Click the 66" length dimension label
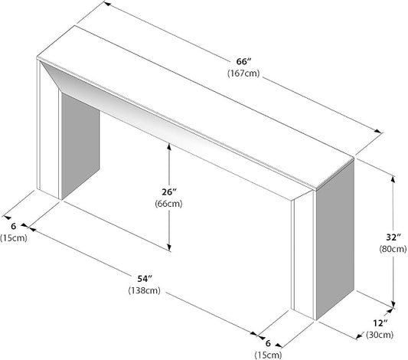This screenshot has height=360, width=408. coord(244,62)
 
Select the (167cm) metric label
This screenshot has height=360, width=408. coord(243,74)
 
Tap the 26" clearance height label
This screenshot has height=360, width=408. coord(169,192)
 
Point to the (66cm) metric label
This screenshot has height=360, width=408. coord(168,204)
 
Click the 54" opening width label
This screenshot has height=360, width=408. coord(145,279)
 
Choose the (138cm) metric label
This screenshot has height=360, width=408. coord(145,290)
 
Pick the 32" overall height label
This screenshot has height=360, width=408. coord(393,237)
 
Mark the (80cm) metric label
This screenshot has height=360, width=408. coord(393,249)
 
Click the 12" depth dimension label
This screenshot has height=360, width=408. coord(380,323)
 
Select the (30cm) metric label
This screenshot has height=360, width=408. coord(380,335)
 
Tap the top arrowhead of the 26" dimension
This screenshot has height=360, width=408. coord(169,146)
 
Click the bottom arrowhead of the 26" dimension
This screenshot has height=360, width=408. coord(169,247)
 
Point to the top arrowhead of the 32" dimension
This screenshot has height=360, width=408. coord(393,179)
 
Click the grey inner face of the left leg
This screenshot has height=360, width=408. coord(80,145)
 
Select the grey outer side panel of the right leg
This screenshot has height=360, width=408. coord(335,241)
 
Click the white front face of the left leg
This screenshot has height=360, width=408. coord(49,130)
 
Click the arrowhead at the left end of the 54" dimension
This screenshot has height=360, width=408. coord(31,229)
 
